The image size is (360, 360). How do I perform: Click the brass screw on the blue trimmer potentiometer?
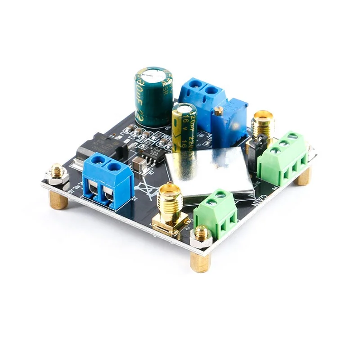pyautogui.click(x=219, y=111)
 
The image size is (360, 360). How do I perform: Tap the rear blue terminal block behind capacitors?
pyautogui.click(x=202, y=97)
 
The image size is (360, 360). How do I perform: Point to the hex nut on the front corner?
pyautogui.click(x=200, y=236)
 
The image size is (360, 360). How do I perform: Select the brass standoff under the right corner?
pyautogui.click(x=303, y=175)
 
